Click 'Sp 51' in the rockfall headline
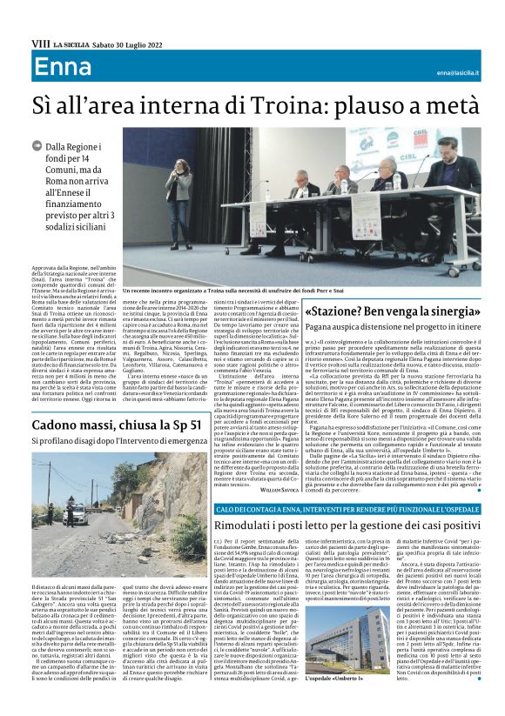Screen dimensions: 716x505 coord(179,425)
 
